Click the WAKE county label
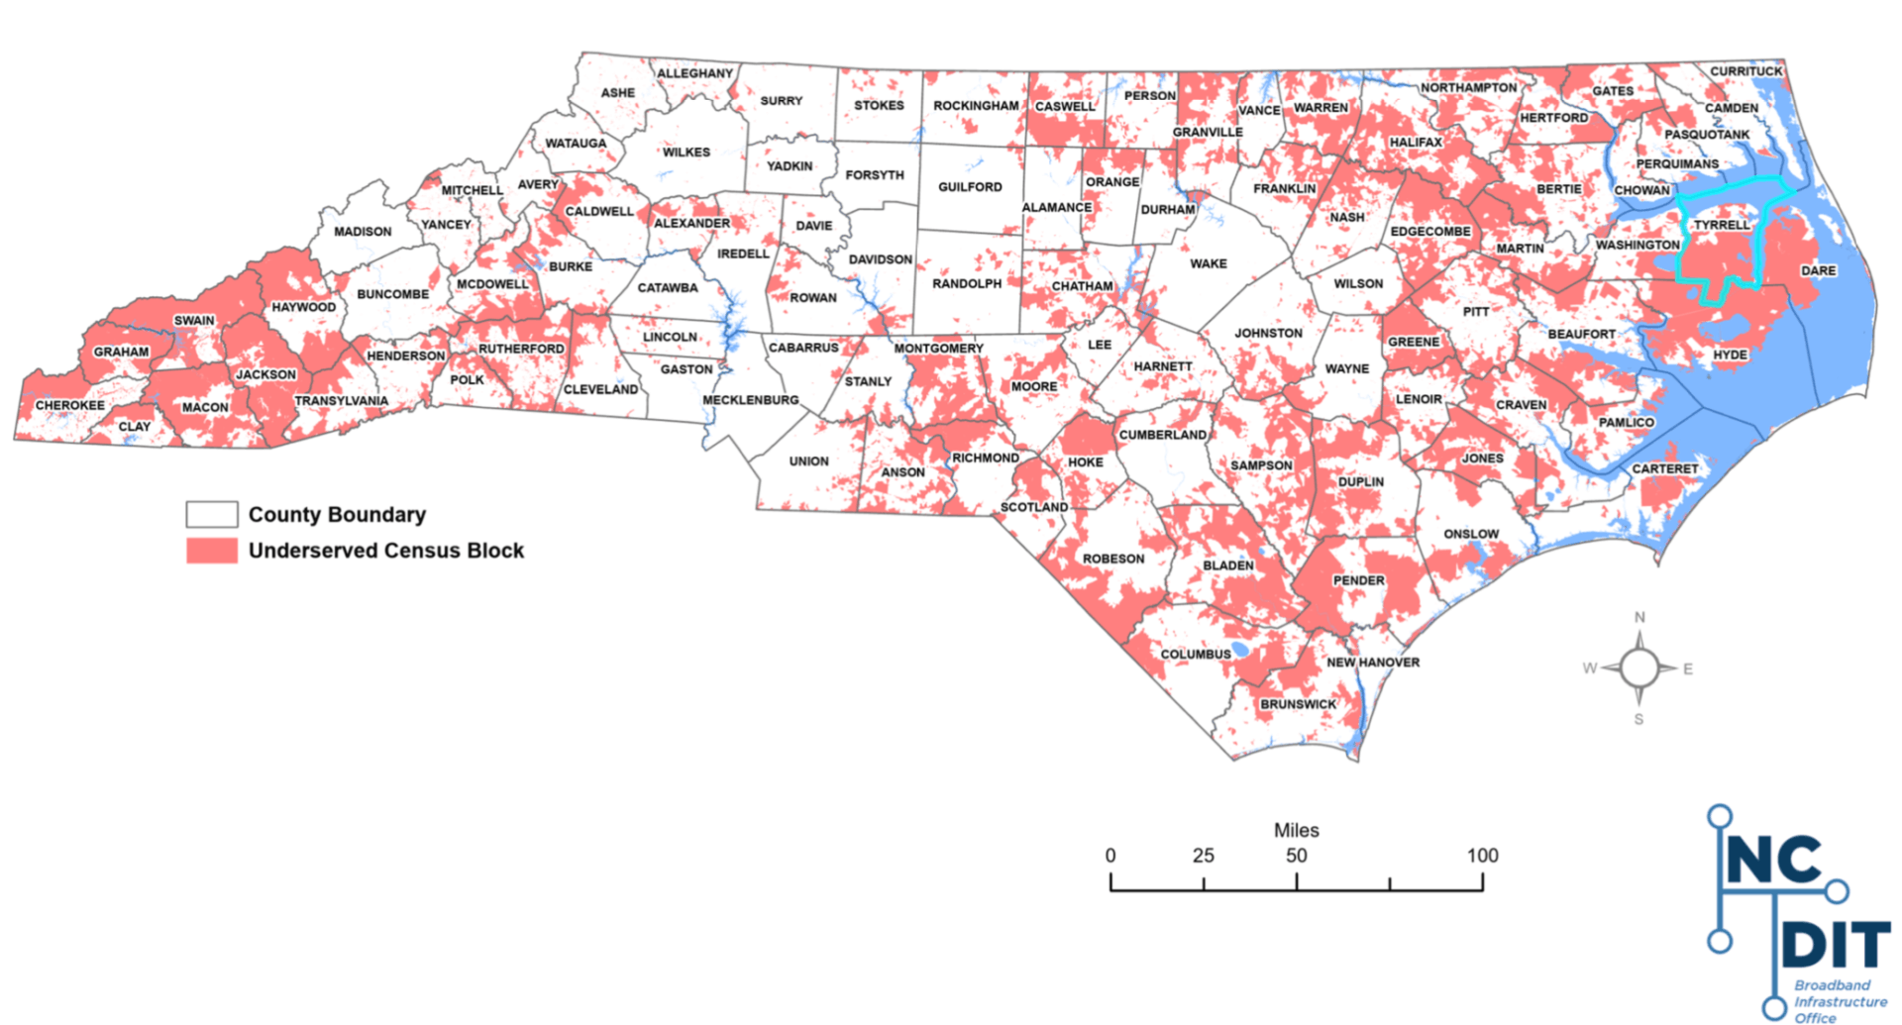click(x=1208, y=263)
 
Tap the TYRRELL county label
click(x=1721, y=225)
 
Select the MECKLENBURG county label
click(x=750, y=400)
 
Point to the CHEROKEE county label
click(x=69, y=405)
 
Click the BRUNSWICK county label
click(x=1298, y=704)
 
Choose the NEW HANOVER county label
click(x=1372, y=662)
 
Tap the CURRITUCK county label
click(x=1745, y=71)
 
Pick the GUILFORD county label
click(x=970, y=186)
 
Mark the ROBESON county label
click(x=1112, y=559)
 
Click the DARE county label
click(x=1818, y=270)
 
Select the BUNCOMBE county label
click(x=392, y=294)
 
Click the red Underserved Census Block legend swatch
click(x=212, y=551)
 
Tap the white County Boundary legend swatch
click(x=212, y=514)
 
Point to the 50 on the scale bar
click(x=1296, y=856)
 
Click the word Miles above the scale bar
click(x=1296, y=830)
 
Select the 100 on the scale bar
click(x=1482, y=856)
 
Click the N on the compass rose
click(x=1639, y=618)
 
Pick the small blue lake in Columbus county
click(x=1239, y=649)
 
